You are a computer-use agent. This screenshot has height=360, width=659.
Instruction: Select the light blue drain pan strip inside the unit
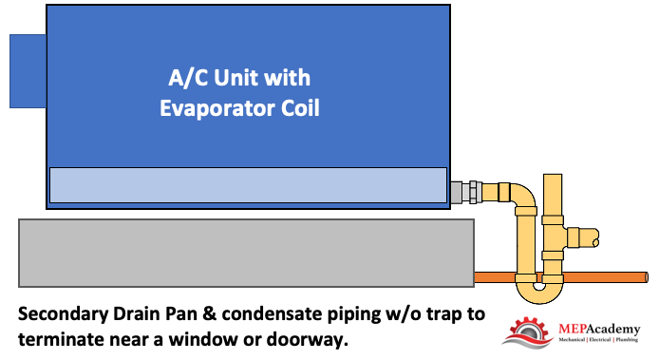tap(248, 185)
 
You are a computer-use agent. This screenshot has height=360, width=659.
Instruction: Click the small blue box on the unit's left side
tap(28, 71)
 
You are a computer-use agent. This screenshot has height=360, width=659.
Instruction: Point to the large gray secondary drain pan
tap(246, 253)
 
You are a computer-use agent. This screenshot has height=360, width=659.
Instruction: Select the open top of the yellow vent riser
tap(553, 176)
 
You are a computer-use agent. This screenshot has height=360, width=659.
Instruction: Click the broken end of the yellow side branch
tap(596, 237)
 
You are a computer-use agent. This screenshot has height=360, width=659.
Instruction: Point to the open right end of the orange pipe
tap(646, 277)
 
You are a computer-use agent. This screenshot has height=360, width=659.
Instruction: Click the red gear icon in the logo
tap(529, 332)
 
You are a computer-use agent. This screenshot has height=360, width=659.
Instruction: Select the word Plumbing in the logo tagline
tap(627, 339)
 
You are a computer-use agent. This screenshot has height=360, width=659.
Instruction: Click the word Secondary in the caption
tap(63, 314)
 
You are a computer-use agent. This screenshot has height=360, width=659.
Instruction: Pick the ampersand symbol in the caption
tap(209, 314)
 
